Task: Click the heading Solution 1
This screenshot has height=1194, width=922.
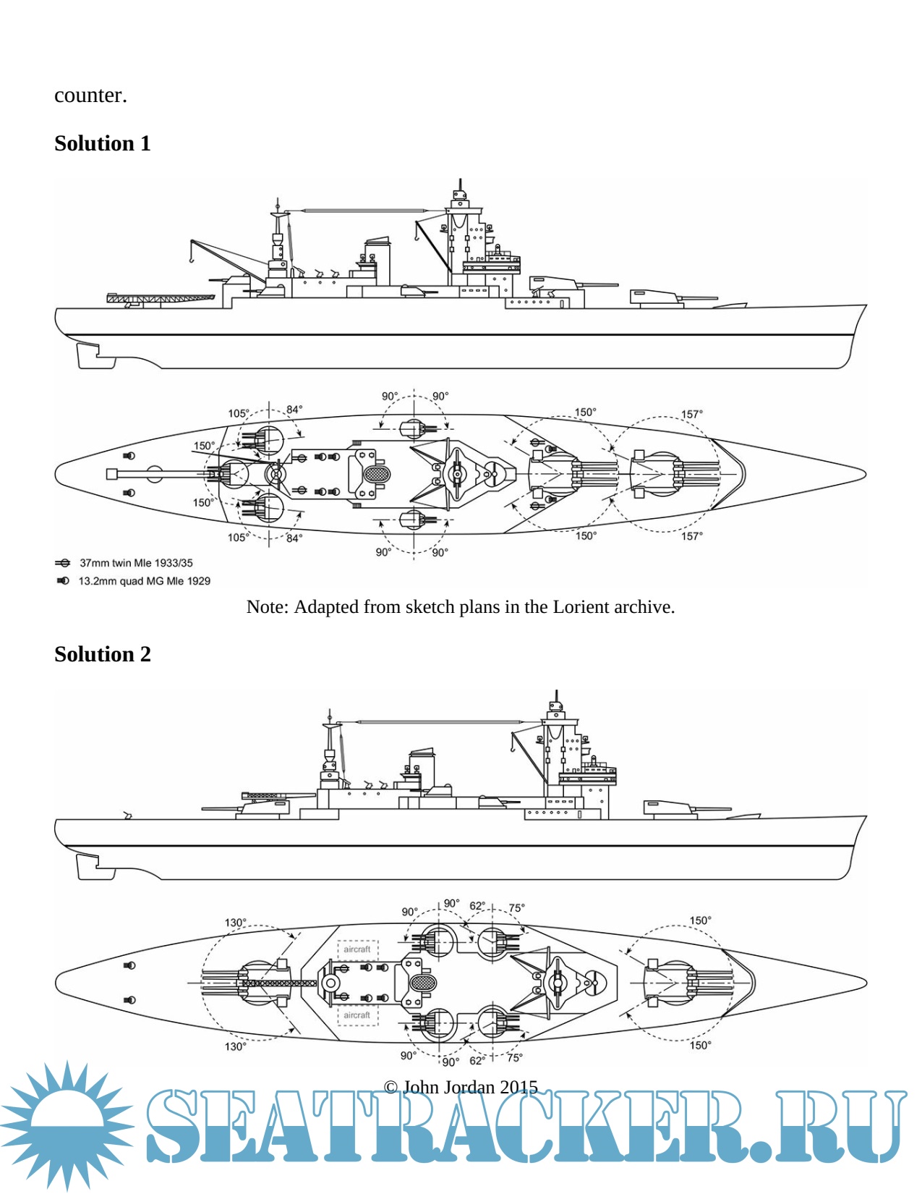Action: click(x=102, y=143)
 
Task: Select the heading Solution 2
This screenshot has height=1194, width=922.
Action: click(x=102, y=654)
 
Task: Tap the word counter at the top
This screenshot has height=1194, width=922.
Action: click(x=90, y=96)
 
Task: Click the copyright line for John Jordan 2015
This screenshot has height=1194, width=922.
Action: click(x=461, y=1087)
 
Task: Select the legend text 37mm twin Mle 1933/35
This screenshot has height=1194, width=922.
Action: click(x=136, y=563)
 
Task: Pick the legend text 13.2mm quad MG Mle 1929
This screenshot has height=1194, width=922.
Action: click(x=144, y=581)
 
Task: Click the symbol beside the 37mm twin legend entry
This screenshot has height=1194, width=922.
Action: click(x=63, y=563)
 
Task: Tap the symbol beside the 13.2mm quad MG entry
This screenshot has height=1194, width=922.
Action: click(x=63, y=581)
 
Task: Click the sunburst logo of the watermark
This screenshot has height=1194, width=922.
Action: click(x=67, y=1126)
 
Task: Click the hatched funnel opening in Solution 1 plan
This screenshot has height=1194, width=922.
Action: click(x=376, y=475)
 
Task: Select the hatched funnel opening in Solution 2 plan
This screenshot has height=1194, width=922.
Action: click(x=423, y=983)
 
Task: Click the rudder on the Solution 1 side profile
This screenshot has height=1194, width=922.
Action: click(x=86, y=355)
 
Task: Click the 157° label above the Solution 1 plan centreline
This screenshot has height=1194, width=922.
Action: click(x=691, y=415)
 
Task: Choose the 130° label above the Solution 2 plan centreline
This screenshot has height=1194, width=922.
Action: click(x=235, y=923)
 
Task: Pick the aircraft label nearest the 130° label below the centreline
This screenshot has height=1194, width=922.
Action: click(x=357, y=1015)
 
